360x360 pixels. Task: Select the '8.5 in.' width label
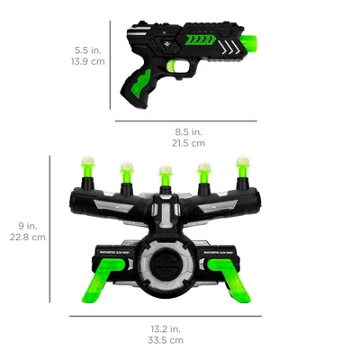click(189, 131)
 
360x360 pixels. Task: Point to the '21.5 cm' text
click(189, 143)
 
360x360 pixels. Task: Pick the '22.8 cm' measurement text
click(27, 238)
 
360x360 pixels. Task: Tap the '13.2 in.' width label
click(164, 328)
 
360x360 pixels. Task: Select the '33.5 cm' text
click(164, 340)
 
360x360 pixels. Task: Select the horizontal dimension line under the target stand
click(164, 316)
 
